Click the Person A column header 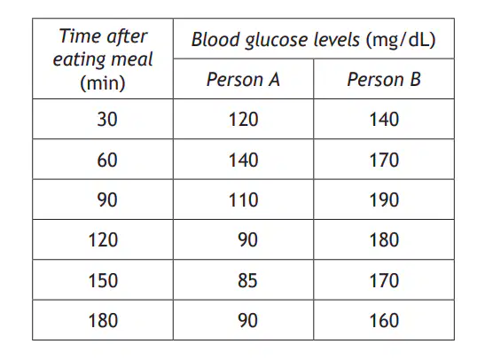[x=243, y=80]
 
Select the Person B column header [x=384, y=80]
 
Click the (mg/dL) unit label [x=401, y=40]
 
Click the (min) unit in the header [x=103, y=82]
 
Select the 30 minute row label [x=107, y=120]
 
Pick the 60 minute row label [x=107, y=160]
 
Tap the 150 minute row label [x=103, y=280]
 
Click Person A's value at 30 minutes [x=244, y=120]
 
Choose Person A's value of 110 [x=244, y=200]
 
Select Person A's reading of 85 [x=247, y=280]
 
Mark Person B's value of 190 [x=384, y=200]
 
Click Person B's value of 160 [x=384, y=320]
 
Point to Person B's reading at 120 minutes [x=384, y=240]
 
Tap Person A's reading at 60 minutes [x=244, y=160]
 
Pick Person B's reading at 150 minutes [x=384, y=280]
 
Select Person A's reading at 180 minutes [x=247, y=320]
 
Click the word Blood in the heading [x=215, y=39]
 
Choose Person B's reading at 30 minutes [x=384, y=120]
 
